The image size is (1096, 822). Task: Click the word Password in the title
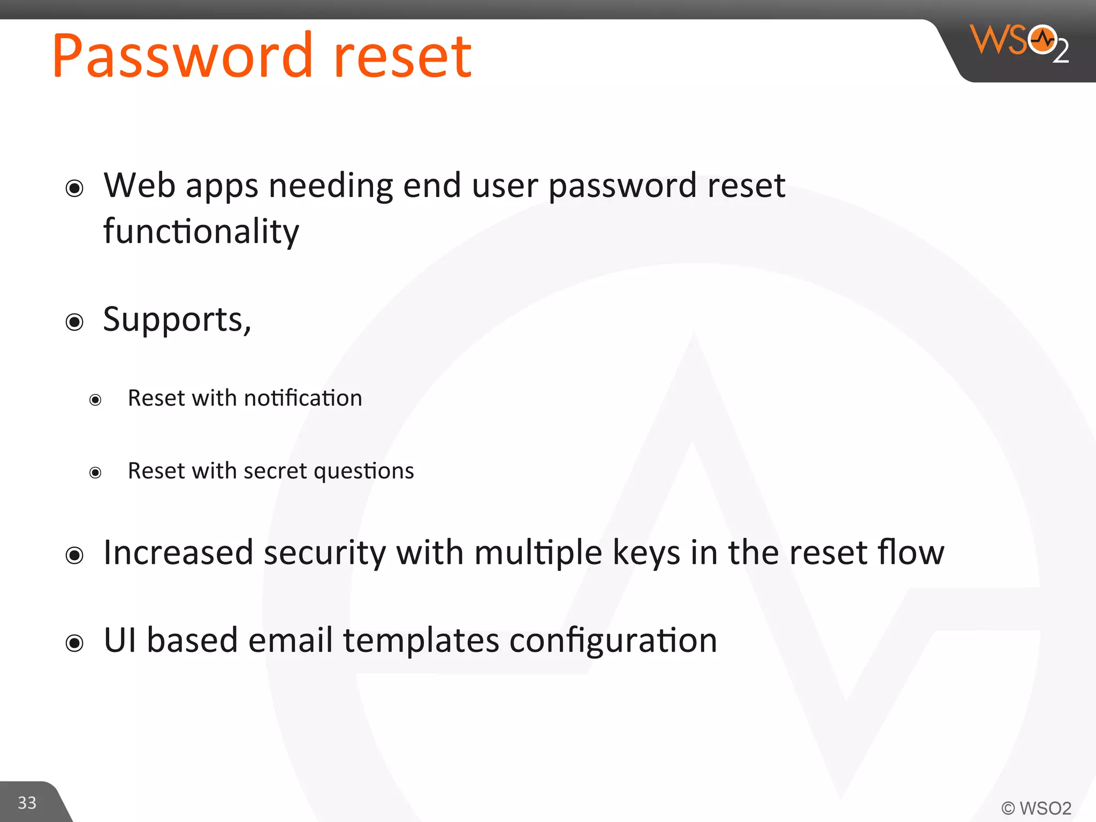[x=182, y=56]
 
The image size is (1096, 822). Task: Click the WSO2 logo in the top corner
[x=1019, y=43]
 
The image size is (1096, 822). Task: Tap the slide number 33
[x=27, y=803]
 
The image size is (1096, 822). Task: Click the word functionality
[x=201, y=232]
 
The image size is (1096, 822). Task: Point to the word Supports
[x=174, y=319]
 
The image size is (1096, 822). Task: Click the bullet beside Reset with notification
[x=95, y=400]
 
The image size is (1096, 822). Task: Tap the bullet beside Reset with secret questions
[x=95, y=473]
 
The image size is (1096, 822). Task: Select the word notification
[x=303, y=398]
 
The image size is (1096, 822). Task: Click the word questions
[x=364, y=471]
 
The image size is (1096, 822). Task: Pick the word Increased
[x=178, y=552]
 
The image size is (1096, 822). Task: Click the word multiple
[x=538, y=553]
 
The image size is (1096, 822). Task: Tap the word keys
[x=646, y=553]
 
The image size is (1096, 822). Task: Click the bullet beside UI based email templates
[x=74, y=643]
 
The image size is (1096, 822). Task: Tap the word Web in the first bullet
[x=140, y=186]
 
